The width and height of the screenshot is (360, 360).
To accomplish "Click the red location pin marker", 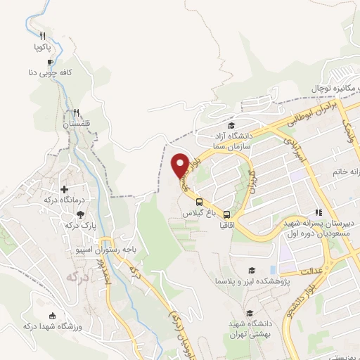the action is pyautogui.click(x=180, y=165).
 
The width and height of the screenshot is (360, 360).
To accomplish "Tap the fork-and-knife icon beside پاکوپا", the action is pyautogui.click(x=42, y=36).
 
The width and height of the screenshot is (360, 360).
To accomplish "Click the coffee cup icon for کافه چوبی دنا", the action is pyautogui.click(x=50, y=61).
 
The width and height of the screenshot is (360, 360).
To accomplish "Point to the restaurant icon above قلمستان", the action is pyautogui.click(x=76, y=112).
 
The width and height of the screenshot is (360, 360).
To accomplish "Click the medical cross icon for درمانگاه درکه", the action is pyautogui.click(x=64, y=189).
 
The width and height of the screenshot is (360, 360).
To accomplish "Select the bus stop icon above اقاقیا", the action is pyautogui.click(x=227, y=214).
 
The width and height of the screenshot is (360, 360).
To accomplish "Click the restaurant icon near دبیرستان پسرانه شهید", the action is pyautogui.click(x=319, y=212).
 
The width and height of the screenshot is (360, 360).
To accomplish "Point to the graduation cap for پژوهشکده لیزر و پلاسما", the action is pyautogui.click(x=250, y=270).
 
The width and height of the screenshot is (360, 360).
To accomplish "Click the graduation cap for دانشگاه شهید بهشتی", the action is pyautogui.click(x=248, y=313).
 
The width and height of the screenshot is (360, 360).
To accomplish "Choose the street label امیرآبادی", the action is pyautogui.click(x=291, y=150).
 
